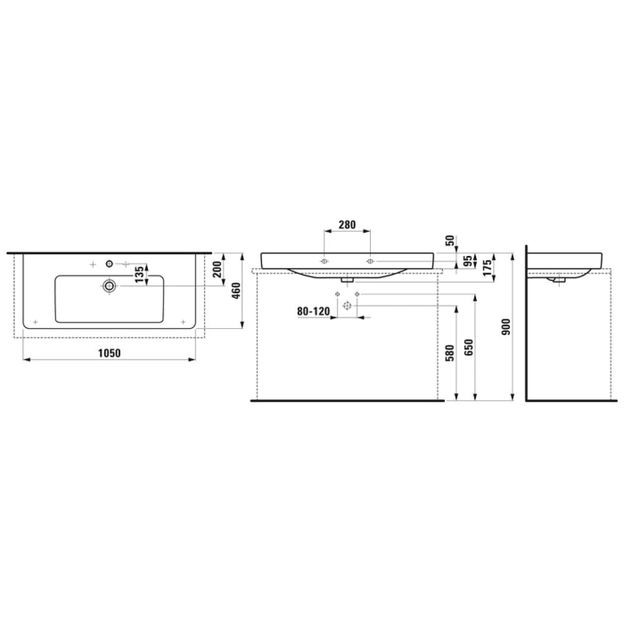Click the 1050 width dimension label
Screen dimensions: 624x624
pos(109,352)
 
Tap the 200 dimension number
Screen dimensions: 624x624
pos(218,270)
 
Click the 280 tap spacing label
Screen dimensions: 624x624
pos(348,225)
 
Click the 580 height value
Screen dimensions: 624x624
pos(451,353)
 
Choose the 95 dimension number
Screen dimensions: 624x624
pos(466,262)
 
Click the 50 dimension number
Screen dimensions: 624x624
pos(450,242)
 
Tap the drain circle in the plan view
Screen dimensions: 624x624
pos(109,285)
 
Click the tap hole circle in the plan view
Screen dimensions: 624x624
pos(109,263)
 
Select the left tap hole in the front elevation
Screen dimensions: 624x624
pos(325,261)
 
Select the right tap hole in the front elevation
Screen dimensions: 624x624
pos(369,261)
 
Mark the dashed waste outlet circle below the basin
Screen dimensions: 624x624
pos(348,306)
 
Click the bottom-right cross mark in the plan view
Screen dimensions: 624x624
pos(183,319)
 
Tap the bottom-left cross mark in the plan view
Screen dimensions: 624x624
pos(34,319)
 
